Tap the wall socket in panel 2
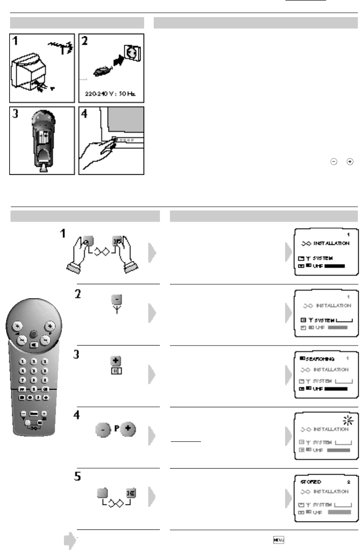pos(132,53)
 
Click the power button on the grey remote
pos(33,334)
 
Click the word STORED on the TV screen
pos(309,481)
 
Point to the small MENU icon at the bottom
pos(277,541)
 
